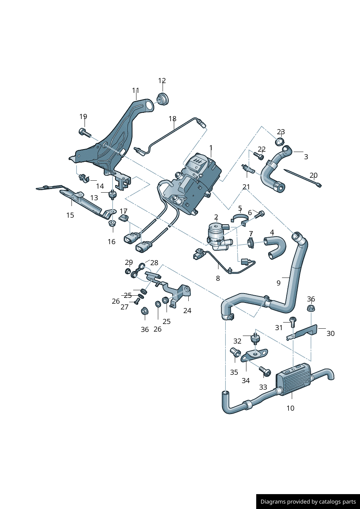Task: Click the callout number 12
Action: click(162, 81)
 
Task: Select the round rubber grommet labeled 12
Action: click(163, 98)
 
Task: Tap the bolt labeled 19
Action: click(84, 132)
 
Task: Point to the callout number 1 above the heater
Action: click(211, 148)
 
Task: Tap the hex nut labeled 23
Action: click(280, 141)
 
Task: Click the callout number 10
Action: click(290, 408)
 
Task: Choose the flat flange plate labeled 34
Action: click(255, 354)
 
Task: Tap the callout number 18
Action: click(172, 119)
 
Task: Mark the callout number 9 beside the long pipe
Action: click(278, 283)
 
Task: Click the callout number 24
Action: click(187, 311)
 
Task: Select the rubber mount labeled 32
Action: click(255, 339)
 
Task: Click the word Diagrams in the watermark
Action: click(273, 502)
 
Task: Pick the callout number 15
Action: click(70, 215)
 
